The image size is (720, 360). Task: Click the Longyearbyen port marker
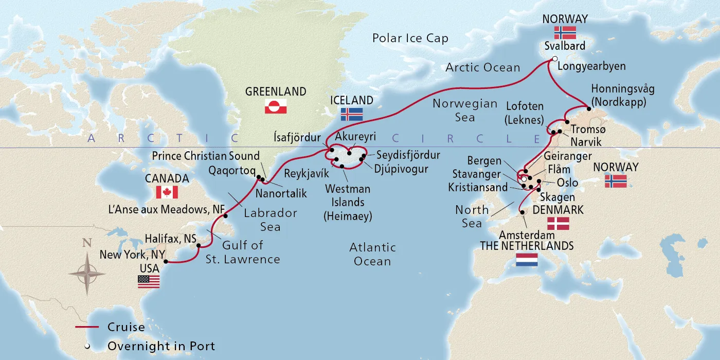tap(554, 59)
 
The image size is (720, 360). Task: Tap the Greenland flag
tap(275, 106)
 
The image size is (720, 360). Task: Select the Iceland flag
tap(352, 114)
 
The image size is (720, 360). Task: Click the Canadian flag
tap(167, 192)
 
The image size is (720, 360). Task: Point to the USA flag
tap(149, 281)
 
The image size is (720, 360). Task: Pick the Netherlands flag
tap(527, 260)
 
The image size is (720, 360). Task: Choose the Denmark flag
tap(558, 223)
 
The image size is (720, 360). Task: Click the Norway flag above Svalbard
tap(565, 33)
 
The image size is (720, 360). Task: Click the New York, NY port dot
tap(166, 261)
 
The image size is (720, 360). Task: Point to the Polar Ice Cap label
tap(410, 39)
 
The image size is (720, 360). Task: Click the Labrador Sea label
tap(270, 220)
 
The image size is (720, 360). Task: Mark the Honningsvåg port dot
tap(589, 109)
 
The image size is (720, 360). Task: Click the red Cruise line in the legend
tap(87, 327)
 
